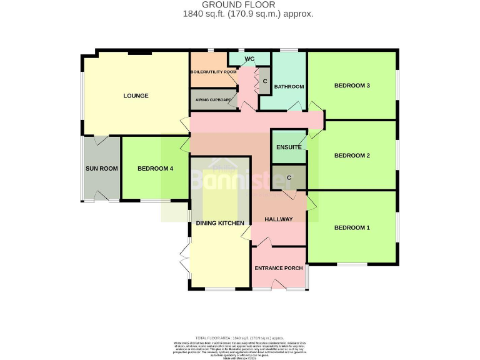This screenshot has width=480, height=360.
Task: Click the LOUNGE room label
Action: point(136,96)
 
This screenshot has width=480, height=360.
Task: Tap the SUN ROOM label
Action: point(101,169)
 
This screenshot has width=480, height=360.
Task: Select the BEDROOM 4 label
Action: point(155,169)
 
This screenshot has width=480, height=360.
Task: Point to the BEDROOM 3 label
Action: point(352,86)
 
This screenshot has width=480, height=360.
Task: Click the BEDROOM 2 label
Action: point(352,156)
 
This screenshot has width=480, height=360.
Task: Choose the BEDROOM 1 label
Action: point(352,227)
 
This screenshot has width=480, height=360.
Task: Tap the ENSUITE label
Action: point(289,147)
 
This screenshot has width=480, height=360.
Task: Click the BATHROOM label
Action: point(289,87)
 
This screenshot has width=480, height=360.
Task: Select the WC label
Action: point(249,59)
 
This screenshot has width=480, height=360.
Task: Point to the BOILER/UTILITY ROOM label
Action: point(213,72)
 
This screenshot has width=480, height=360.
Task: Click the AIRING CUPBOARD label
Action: point(214,100)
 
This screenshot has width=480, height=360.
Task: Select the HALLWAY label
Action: point(278,219)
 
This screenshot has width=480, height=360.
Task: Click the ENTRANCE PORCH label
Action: point(278,268)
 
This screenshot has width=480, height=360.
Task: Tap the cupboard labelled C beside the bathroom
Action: point(264,82)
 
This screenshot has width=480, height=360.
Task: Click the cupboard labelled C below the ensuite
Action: point(289,177)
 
